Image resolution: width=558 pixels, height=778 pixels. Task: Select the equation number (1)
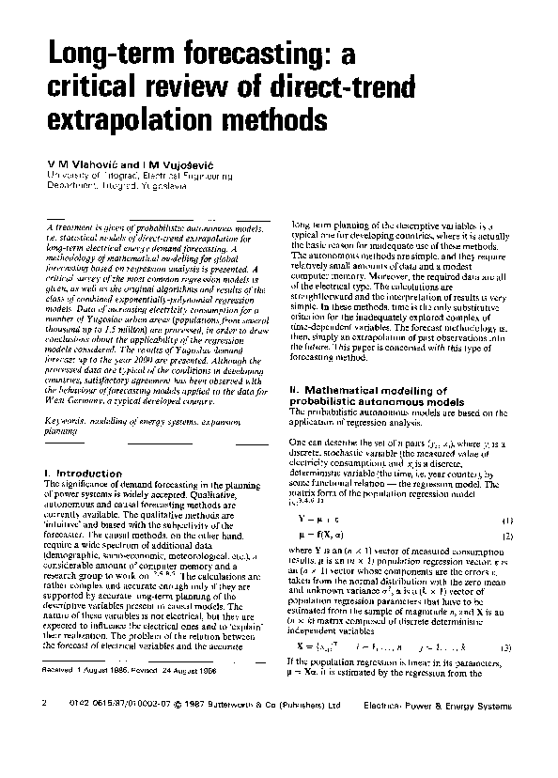click(x=505, y=520)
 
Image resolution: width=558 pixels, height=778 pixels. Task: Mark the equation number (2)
click(x=505, y=537)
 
